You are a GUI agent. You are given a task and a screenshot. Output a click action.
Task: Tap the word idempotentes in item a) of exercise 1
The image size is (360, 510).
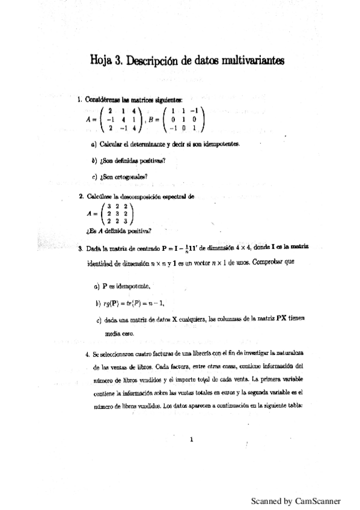(221, 145)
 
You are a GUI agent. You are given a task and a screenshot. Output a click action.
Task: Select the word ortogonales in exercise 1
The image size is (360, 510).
(129, 177)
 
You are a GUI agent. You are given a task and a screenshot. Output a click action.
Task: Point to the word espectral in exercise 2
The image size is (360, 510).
(176, 196)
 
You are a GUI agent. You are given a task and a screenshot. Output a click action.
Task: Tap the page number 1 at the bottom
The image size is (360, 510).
(191, 440)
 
